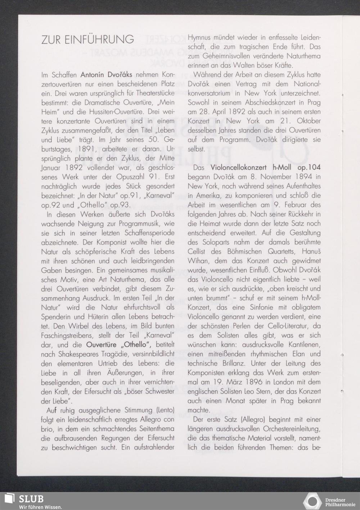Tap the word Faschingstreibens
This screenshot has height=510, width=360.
tap(67, 336)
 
